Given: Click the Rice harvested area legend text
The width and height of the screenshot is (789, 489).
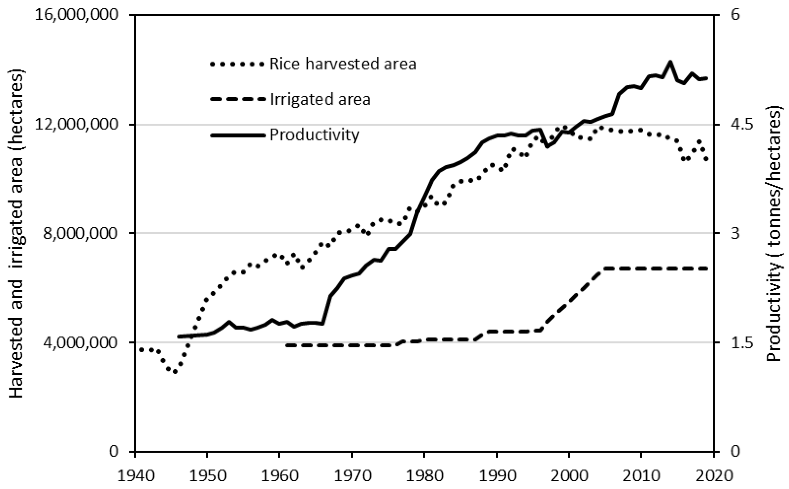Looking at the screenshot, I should pyautogui.click(x=343, y=64).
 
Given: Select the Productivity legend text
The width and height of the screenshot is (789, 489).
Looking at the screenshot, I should pyautogui.click(x=314, y=134).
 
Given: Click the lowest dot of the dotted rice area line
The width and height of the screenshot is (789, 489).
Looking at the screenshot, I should pyautogui.click(x=175, y=372).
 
